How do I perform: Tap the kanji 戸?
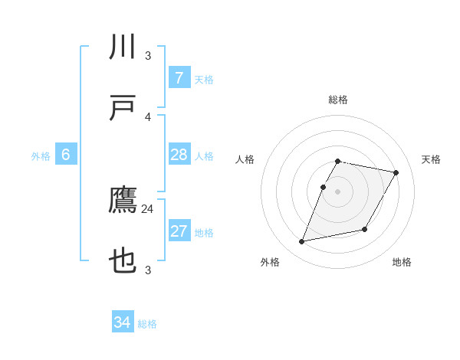123,108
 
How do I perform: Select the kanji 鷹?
123,201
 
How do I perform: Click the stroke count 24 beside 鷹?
148,208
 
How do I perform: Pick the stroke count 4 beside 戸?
148,116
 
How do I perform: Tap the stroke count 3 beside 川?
148,56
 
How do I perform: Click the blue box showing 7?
179,77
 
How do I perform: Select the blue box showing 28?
179,155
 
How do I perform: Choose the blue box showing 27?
179,231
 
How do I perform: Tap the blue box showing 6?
66,155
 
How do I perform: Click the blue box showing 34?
123,322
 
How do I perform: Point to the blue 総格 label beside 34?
147,324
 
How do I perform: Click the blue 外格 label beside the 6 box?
41,156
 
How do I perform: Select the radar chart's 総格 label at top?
338,100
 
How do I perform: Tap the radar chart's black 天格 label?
431,159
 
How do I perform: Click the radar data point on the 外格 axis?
302,242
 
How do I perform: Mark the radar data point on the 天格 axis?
396,173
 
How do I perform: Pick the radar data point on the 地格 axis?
365,230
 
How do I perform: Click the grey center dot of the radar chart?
338,191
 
